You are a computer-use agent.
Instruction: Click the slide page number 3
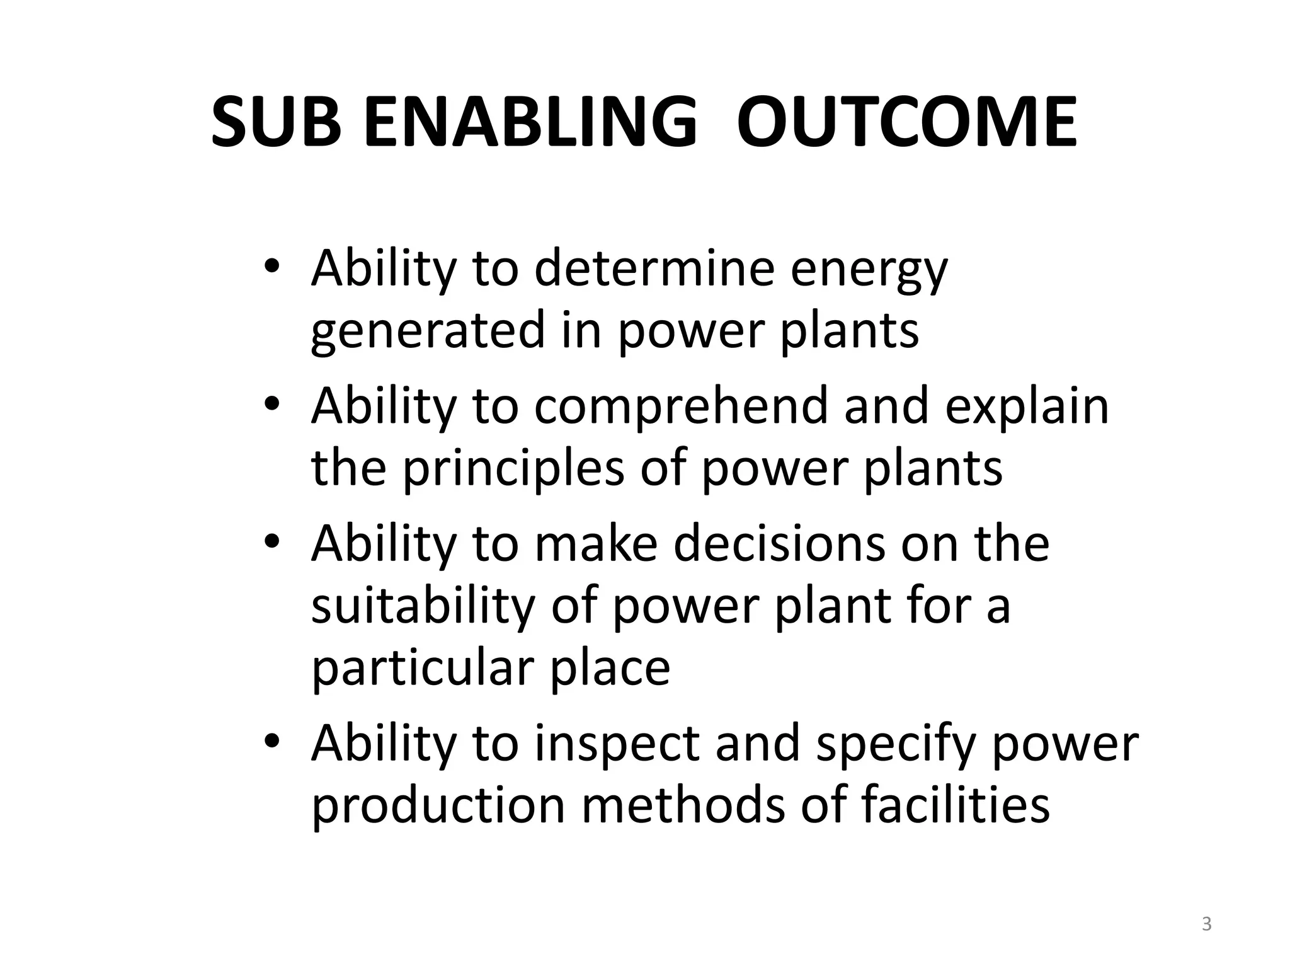pyautogui.click(x=1206, y=925)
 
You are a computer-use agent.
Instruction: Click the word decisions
pyautogui.click(x=779, y=543)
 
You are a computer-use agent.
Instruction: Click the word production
pyautogui.click(x=438, y=806)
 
